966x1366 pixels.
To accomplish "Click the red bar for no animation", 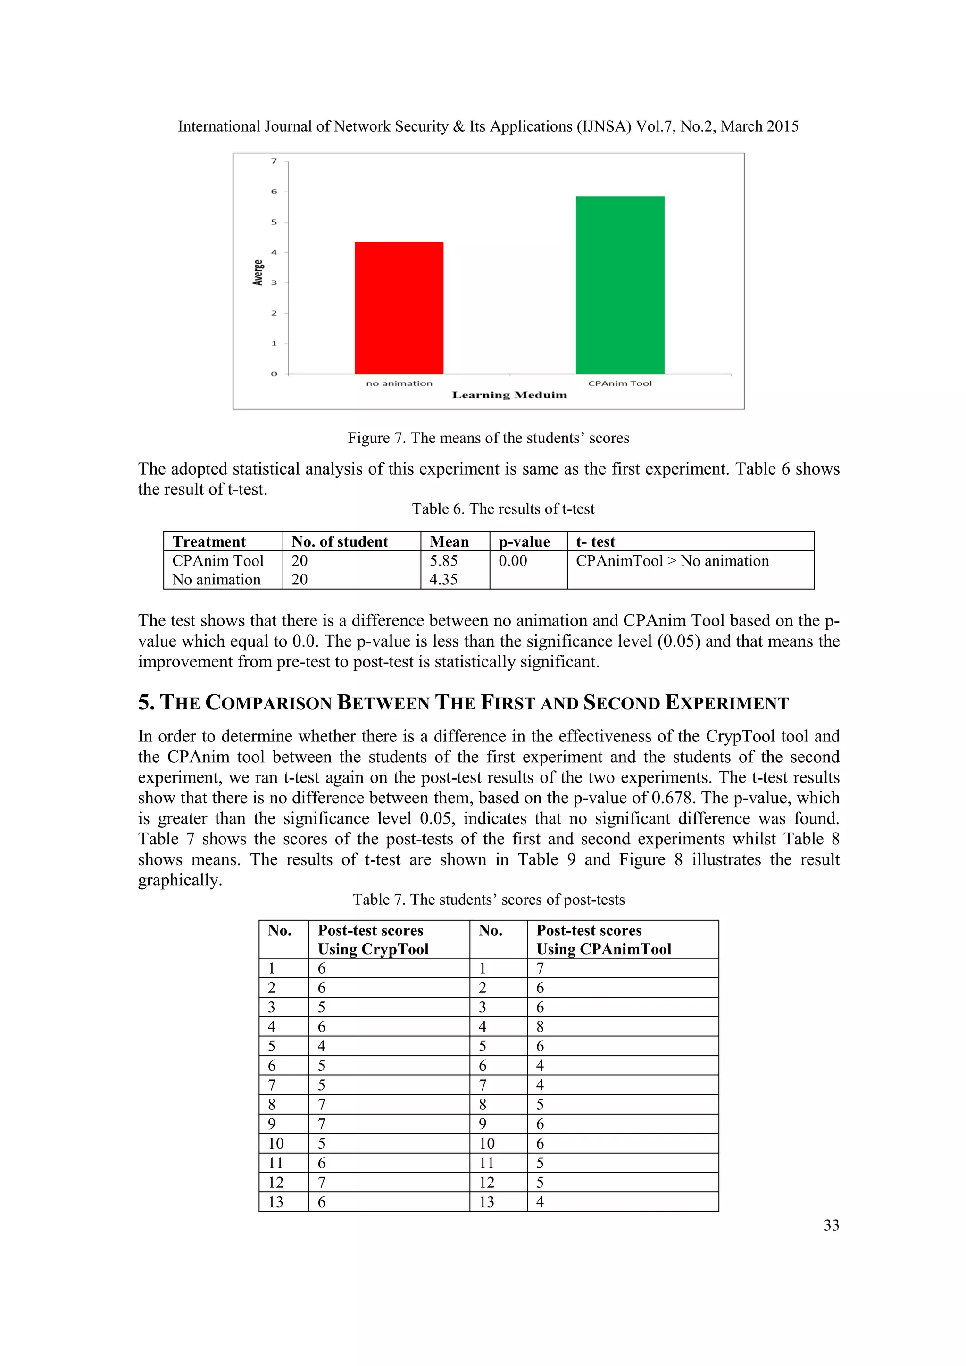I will coord(399,308).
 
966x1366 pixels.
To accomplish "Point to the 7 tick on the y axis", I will coord(274,161).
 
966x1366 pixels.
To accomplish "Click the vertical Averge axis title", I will coord(258,273).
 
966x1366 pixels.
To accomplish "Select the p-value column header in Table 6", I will coord(524,542).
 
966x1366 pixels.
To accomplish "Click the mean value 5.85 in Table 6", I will coord(444,561).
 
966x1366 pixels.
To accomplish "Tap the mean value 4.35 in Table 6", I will coord(444,580).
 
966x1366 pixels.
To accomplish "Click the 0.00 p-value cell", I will coord(513,561).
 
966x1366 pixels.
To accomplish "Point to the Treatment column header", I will coord(209,542).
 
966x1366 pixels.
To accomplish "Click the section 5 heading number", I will coord(146,703).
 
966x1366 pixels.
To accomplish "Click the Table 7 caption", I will coord(488,900).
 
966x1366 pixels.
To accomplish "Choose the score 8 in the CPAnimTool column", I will coord(540,1027).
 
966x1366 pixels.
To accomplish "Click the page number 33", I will coord(831,1225).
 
